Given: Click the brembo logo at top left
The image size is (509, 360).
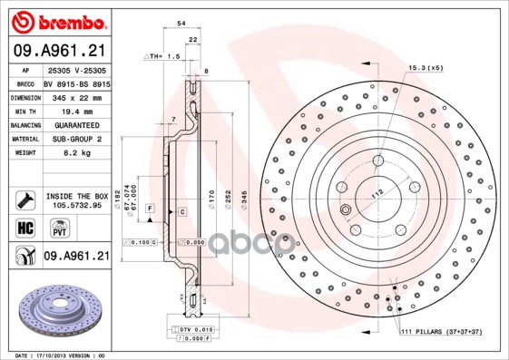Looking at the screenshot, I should [56, 19].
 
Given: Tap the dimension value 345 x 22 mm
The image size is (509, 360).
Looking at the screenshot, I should [75, 95].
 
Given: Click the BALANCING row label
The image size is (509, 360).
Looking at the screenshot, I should [24, 124].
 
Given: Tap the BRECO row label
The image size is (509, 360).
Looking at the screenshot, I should [24, 82].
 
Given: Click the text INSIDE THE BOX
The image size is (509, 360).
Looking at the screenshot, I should [75, 196].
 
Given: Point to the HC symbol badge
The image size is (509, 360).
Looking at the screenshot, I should [24, 226].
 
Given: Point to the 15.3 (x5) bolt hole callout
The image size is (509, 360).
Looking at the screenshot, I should [425, 68].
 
